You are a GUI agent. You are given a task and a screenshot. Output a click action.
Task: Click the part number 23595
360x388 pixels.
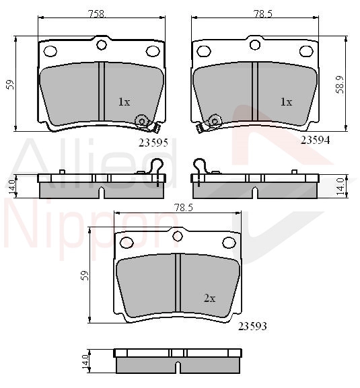(x=153, y=143)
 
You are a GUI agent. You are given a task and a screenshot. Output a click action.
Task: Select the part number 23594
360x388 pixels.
(x=315, y=141)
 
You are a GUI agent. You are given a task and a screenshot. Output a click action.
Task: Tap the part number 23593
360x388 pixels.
(x=252, y=326)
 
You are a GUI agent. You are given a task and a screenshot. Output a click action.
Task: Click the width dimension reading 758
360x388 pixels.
(x=97, y=14)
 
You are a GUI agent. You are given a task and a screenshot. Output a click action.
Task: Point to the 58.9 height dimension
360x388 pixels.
(x=340, y=84)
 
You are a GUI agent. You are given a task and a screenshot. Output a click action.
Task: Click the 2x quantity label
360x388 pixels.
(x=209, y=299)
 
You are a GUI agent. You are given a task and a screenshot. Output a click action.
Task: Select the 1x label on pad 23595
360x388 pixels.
(x=124, y=102)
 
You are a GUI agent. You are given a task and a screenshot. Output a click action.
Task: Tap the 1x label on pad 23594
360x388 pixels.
(x=286, y=102)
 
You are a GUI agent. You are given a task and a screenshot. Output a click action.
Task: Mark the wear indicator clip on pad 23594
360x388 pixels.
(x=209, y=123)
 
